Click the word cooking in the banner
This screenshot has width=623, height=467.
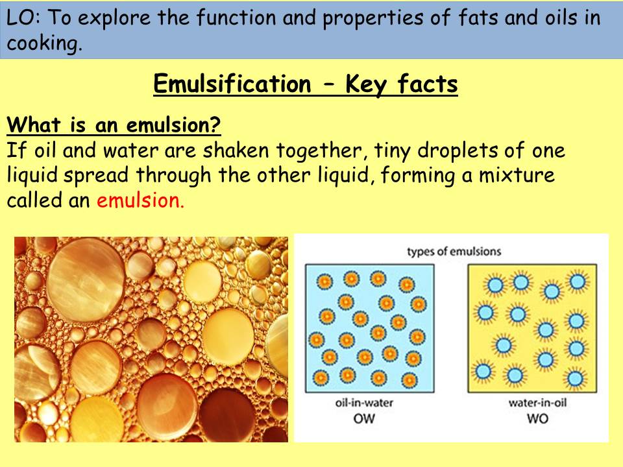click(45, 44)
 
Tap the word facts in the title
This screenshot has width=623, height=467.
click(429, 84)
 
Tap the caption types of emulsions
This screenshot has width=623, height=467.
click(454, 251)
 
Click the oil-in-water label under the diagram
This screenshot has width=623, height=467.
click(365, 403)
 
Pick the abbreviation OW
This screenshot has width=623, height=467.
click(365, 418)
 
